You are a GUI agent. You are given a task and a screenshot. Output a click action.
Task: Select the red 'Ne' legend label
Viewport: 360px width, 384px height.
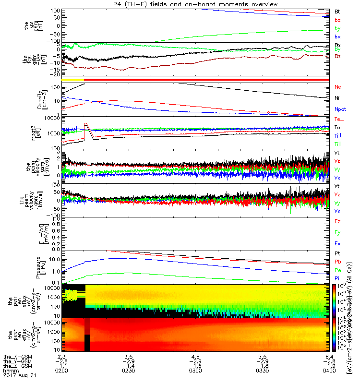tap(338, 87)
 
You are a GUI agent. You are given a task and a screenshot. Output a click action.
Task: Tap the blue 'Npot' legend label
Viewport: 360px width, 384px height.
tap(340, 108)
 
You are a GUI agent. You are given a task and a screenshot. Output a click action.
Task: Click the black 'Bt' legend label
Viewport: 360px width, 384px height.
tap(337, 11)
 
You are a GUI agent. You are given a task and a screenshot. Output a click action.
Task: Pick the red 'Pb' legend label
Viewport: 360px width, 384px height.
tap(338, 262)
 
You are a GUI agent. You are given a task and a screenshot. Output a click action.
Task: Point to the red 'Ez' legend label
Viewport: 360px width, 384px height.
tap(338, 222)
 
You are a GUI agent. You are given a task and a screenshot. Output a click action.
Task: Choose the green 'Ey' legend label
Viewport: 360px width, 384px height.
tap(338, 233)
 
